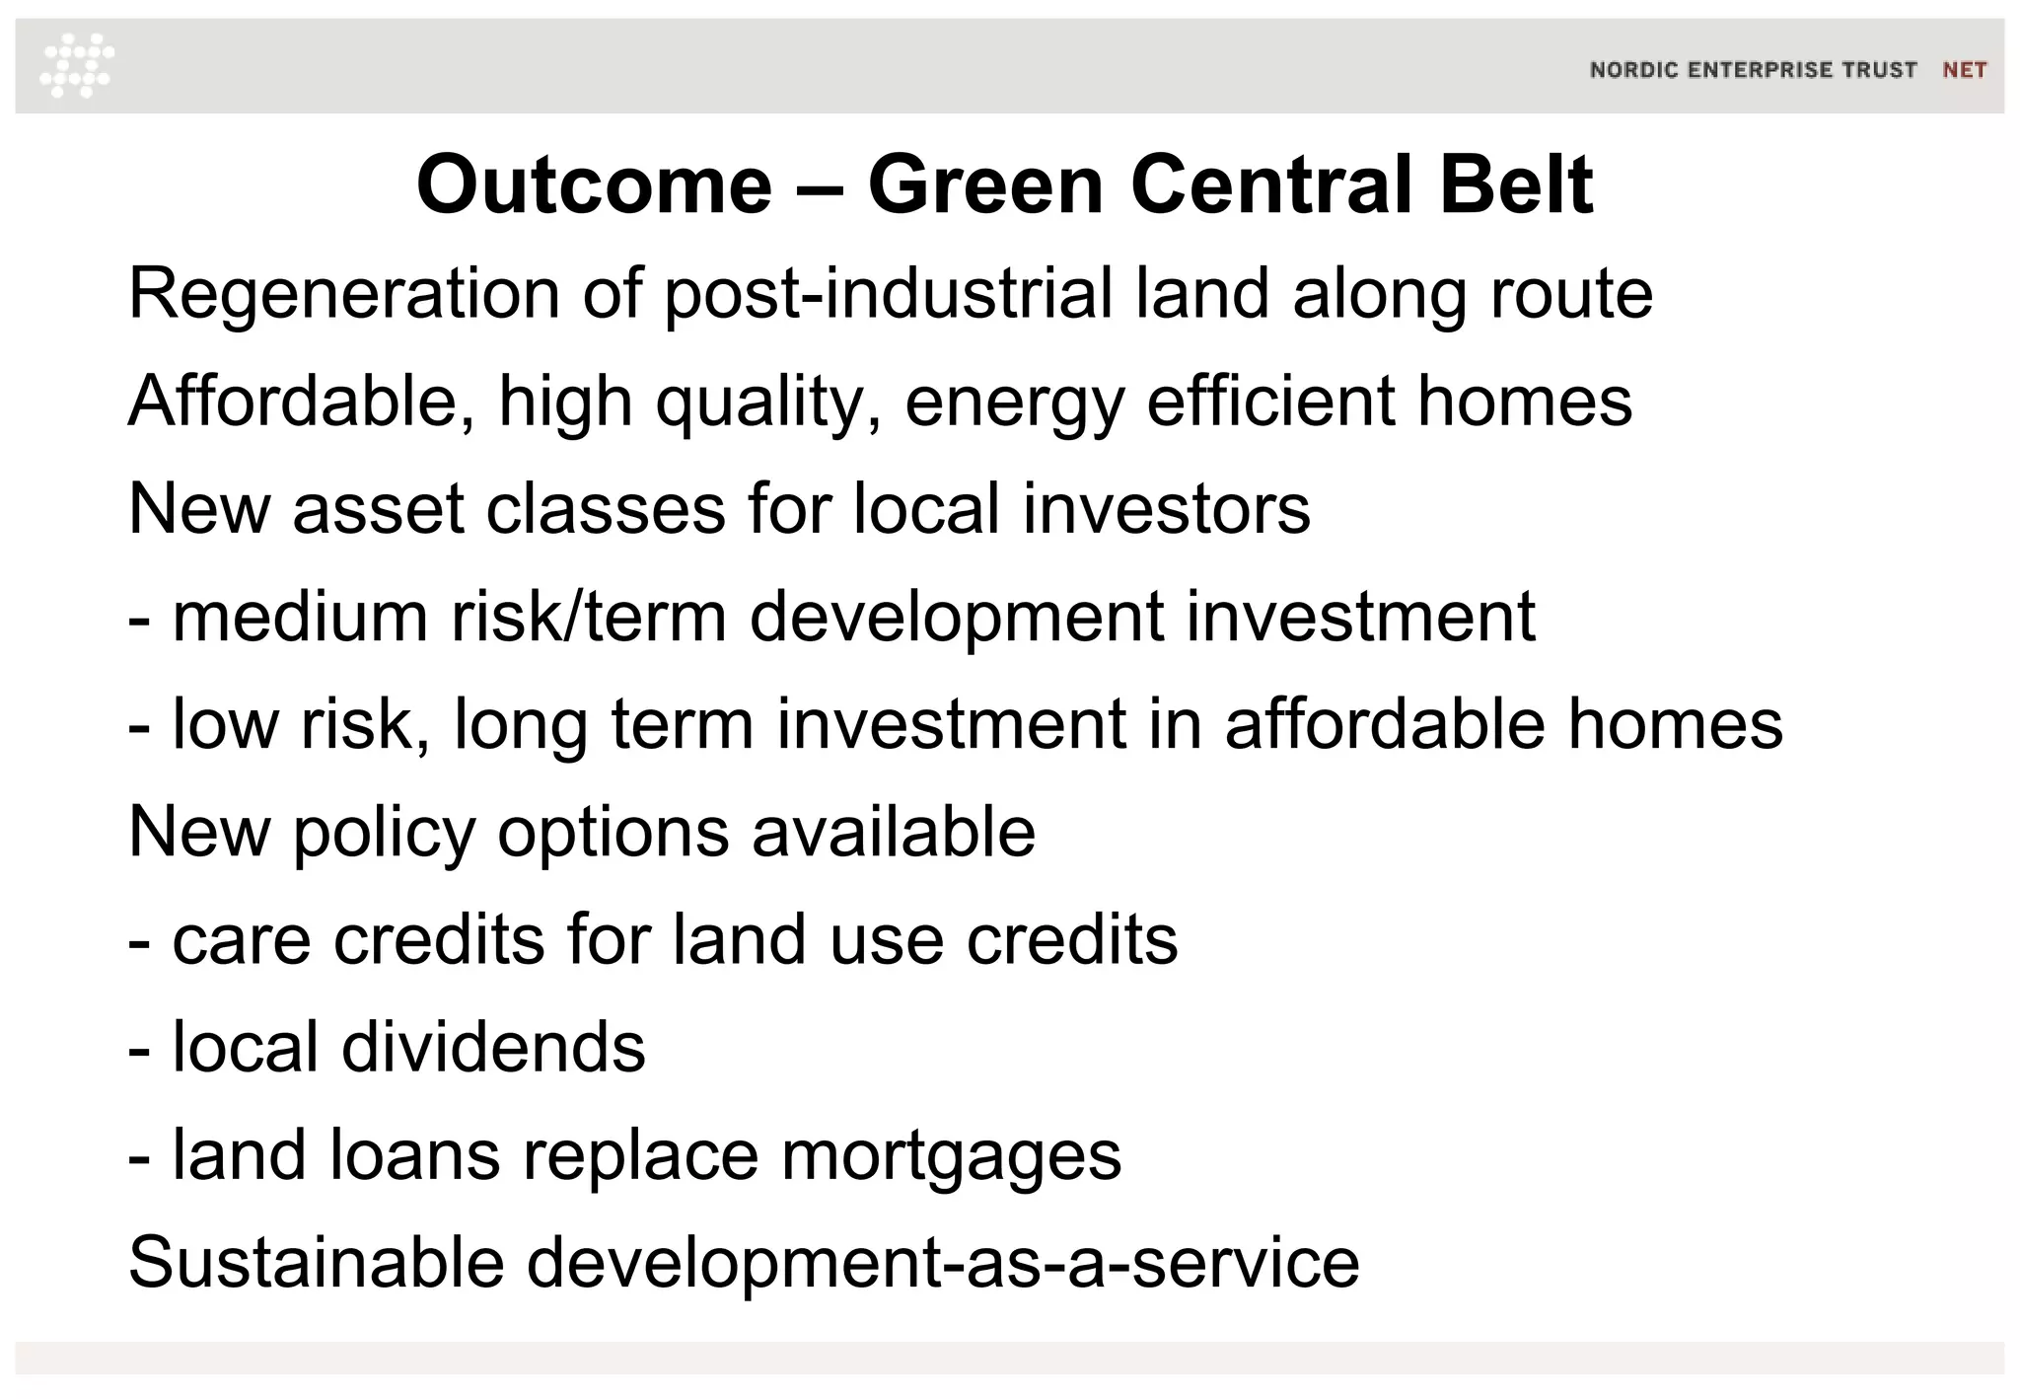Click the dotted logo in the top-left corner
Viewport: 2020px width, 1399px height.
click(x=77, y=65)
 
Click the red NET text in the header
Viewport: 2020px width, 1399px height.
click(x=1964, y=70)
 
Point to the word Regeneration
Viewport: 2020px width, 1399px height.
click(x=343, y=294)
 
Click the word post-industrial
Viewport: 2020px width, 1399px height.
click(x=888, y=294)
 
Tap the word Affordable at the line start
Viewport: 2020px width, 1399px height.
click(x=301, y=402)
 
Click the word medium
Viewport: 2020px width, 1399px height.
click(x=300, y=617)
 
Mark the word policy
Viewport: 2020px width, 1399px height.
click(x=385, y=832)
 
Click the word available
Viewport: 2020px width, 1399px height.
click(x=894, y=832)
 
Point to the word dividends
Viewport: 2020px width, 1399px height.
click(x=493, y=1047)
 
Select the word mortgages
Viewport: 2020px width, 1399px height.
click(x=951, y=1155)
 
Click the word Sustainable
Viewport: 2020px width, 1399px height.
click(x=316, y=1263)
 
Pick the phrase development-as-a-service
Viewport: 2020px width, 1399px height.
click(x=943, y=1263)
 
